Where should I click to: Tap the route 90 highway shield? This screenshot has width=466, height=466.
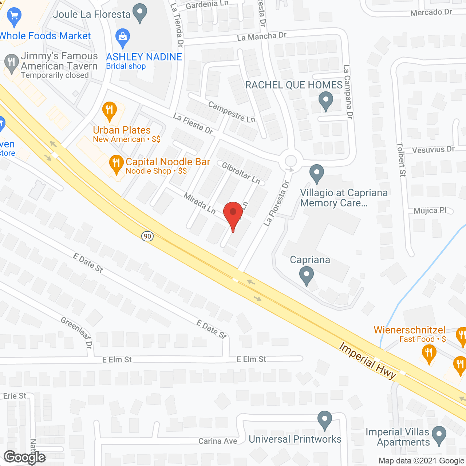coord(147,236)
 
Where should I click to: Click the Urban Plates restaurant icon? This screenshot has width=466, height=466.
coord(109,110)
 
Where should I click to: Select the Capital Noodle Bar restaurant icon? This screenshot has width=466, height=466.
coord(116,163)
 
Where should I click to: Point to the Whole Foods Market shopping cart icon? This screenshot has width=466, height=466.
coord(14,17)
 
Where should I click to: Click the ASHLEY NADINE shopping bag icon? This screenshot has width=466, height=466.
coord(123,37)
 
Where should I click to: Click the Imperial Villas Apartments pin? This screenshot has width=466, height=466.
coord(439,435)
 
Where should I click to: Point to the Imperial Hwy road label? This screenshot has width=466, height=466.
coord(367,361)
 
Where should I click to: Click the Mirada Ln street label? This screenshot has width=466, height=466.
coord(200,203)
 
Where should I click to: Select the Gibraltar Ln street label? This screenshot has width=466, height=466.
coord(241,173)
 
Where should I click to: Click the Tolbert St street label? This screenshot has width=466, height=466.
coord(401,159)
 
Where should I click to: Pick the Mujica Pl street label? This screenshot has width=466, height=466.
coord(430,210)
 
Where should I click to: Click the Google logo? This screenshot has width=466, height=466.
coord(25,457)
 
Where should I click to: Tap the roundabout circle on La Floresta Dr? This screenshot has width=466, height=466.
coord(291,161)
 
